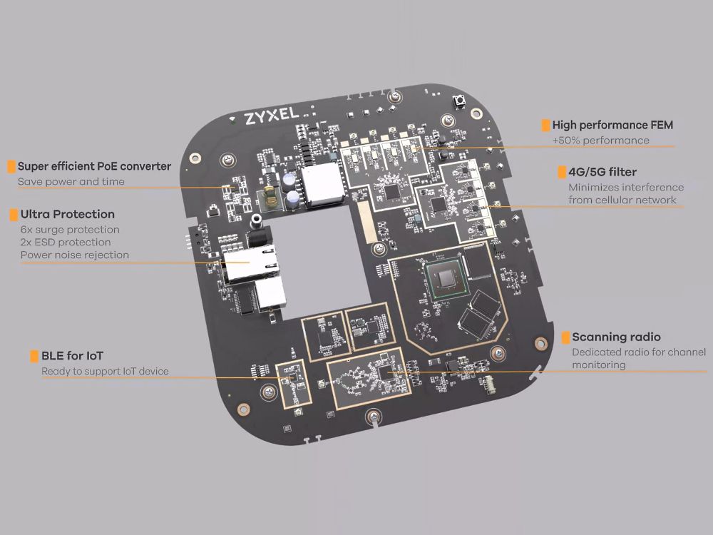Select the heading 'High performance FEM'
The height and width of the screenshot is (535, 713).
coord(612,125)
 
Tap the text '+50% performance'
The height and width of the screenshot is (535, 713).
coord(600,141)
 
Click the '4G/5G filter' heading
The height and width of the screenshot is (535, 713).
coord(602,172)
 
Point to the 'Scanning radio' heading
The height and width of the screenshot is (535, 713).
coord(616,337)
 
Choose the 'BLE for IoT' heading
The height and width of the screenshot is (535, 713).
coord(72,356)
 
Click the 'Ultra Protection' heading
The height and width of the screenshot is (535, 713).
coord(67,214)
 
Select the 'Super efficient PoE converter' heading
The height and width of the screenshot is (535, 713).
coord(94,166)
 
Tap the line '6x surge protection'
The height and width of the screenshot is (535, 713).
coord(70,230)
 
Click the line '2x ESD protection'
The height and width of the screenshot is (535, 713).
coord(66,243)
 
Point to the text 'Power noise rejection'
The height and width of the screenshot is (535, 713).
coord(75,255)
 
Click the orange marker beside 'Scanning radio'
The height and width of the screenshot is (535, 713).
coord(565,337)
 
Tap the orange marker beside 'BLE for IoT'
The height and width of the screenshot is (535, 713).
coord(34,356)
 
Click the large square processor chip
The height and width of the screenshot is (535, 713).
coord(446,278)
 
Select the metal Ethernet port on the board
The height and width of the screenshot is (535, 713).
coord(250,263)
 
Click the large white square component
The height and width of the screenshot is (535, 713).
coord(322,185)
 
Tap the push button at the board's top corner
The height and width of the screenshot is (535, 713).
coord(458,102)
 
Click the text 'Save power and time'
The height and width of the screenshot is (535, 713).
coord(71,181)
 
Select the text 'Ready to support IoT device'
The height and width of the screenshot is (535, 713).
coord(105,371)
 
